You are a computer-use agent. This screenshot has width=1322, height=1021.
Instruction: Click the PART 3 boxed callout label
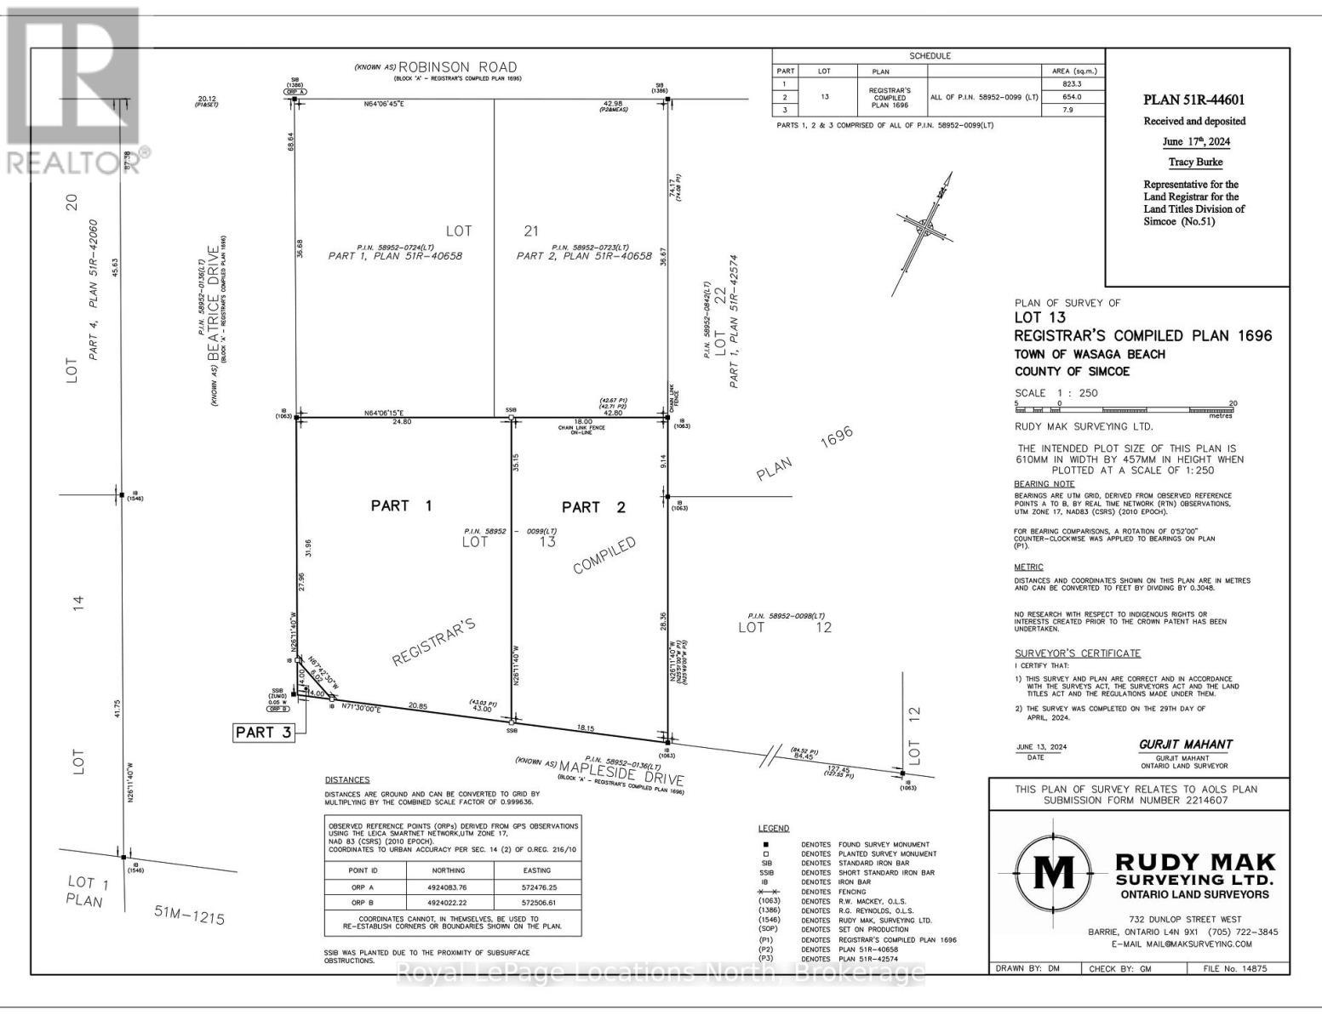(264, 733)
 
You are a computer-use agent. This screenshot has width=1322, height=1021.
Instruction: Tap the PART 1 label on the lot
(401, 505)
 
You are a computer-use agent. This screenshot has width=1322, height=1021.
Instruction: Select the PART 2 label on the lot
(593, 507)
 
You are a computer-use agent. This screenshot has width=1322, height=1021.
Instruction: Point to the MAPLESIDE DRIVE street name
(621, 767)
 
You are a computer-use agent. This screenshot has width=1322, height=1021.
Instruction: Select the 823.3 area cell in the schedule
(1072, 84)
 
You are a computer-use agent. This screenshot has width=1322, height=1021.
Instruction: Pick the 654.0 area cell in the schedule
(1072, 97)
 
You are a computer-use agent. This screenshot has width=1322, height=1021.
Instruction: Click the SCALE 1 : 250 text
(1056, 393)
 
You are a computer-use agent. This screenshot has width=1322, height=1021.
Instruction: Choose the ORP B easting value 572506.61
(537, 903)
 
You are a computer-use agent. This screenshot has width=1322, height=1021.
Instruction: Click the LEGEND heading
(773, 828)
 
